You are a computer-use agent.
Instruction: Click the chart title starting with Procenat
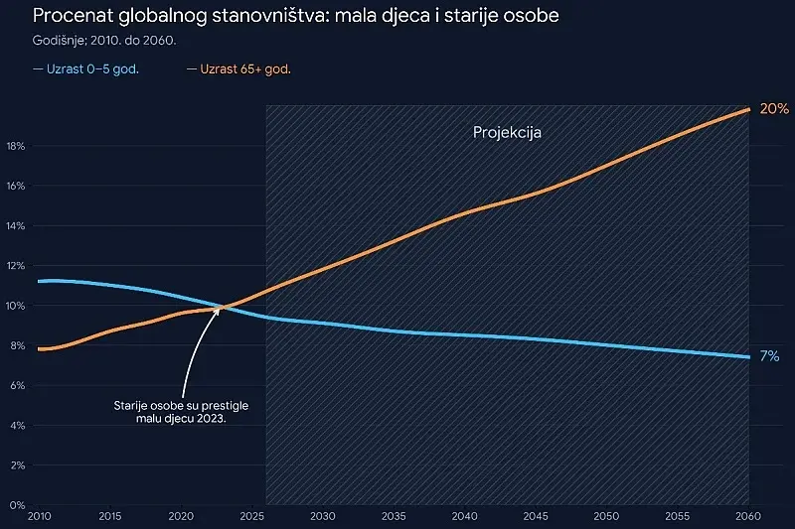click(295, 16)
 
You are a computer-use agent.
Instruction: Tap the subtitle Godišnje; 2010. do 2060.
click(104, 41)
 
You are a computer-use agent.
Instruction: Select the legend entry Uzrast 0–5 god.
click(85, 69)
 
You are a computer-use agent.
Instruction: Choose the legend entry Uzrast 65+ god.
click(238, 69)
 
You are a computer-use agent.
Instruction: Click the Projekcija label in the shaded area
click(507, 133)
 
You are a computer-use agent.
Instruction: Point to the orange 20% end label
click(774, 109)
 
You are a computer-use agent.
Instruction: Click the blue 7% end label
click(769, 356)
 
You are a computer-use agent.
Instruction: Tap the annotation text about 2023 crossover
click(181, 412)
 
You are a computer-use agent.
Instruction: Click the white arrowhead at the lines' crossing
click(217, 310)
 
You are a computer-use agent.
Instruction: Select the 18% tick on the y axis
click(16, 146)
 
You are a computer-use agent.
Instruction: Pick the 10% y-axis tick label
click(16, 306)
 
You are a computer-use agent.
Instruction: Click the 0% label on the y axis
click(17, 505)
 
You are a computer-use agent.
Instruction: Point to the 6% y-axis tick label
click(17, 386)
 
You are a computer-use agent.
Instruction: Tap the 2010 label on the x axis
click(39, 516)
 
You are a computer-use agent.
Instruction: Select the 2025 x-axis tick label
click(252, 516)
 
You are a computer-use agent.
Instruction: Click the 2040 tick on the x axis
click(464, 516)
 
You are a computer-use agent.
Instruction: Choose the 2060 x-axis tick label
click(748, 516)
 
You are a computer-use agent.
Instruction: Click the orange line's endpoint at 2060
click(748, 109)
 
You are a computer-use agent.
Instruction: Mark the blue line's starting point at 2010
click(40, 282)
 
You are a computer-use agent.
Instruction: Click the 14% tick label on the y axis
click(16, 226)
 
